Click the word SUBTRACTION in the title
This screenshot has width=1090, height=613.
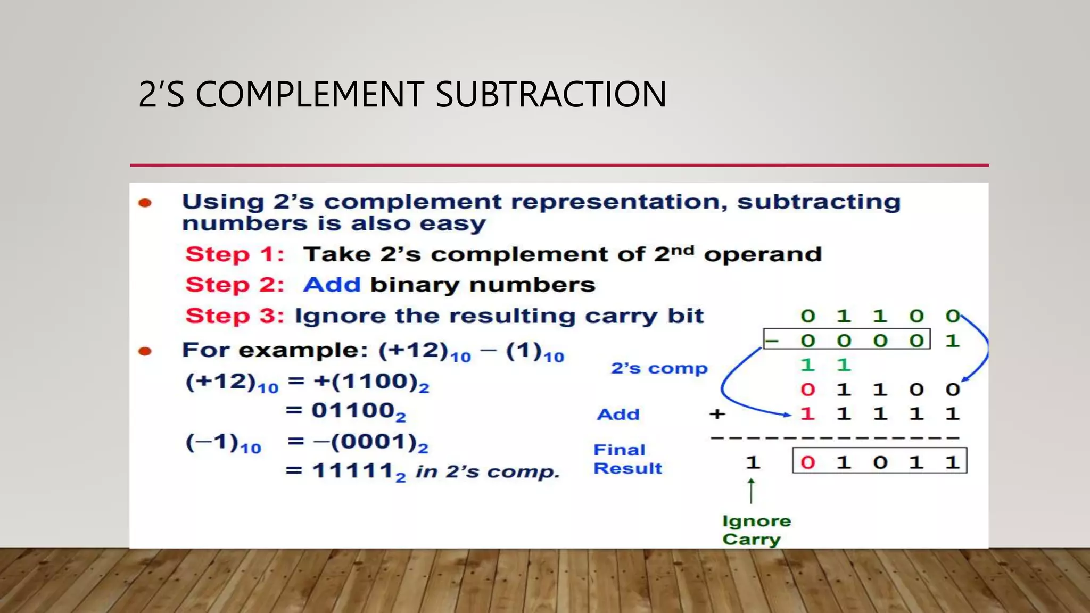[x=551, y=94]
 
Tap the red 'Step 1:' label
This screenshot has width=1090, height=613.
[x=235, y=254]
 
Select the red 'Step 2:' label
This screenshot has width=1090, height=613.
[x=235, y=285]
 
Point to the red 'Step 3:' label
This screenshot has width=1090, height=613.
[x=235, y=316]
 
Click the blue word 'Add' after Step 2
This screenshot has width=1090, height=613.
[x=332, y=285]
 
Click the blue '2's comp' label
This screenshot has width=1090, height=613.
[x=659, y=368]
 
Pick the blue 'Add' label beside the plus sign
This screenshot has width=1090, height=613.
[x=618, y=414]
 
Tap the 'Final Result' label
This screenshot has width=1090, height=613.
[x=627, y=459]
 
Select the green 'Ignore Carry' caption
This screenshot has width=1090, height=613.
[x=756, y=530]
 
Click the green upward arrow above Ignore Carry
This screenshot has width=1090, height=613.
[x=752, y=491]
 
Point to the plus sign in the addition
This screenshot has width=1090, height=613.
[x=717, y=413]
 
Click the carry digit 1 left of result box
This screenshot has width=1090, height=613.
[x=753, y=462]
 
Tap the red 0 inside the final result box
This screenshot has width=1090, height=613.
[x=808, y=462]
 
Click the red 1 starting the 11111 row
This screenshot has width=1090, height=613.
[x=808, y=413]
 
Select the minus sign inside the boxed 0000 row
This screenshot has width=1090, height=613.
[x=772, y=340]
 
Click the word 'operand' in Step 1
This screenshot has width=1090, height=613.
[x=763, y=255]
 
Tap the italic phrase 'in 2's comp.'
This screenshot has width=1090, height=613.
[x=488, y=471]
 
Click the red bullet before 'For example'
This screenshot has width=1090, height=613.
[x=145, y=351]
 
